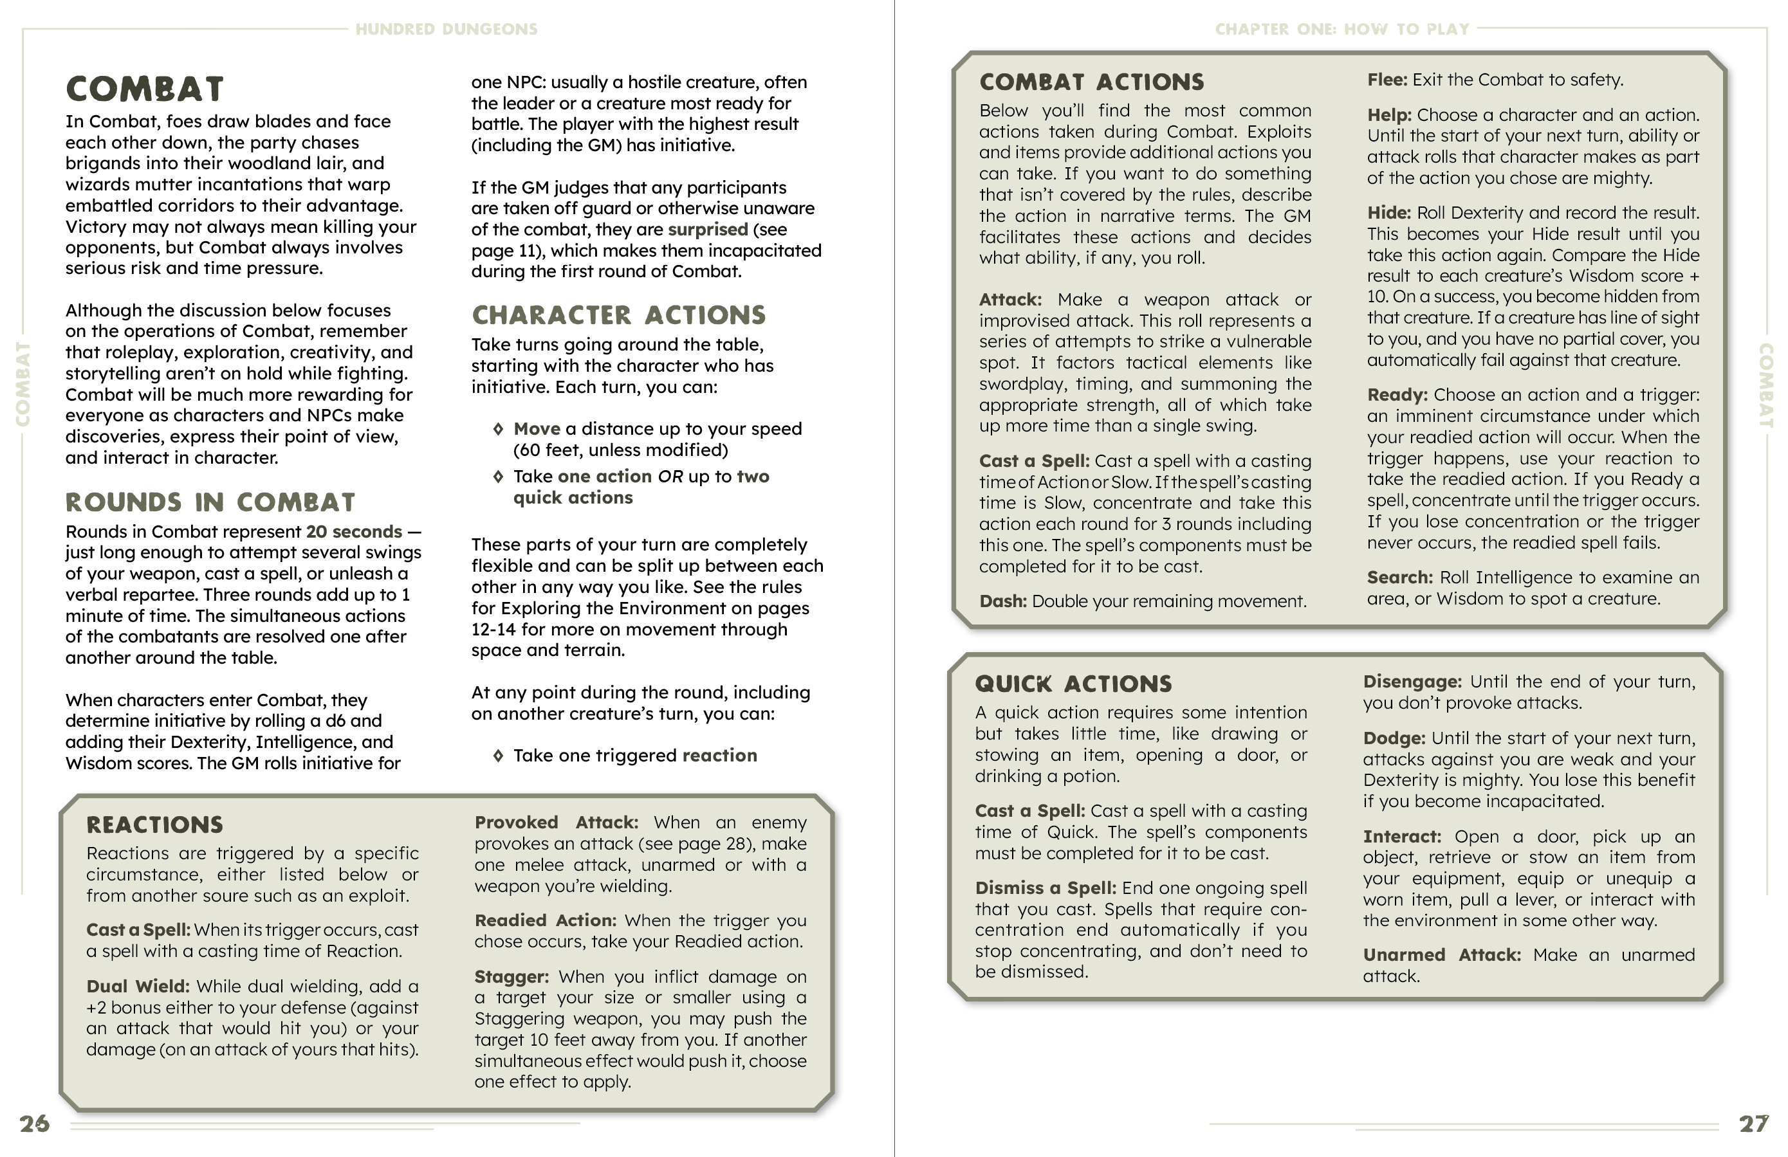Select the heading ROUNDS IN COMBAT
(210, 502)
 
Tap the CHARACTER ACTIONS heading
(618, 315)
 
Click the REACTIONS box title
(155, 825)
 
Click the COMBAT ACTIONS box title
(1092, 82)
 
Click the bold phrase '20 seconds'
(354, 532)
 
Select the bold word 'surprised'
(708, 229)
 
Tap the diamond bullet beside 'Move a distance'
(497, 429)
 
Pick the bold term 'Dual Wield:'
(138, 986)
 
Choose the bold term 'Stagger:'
(511, 976)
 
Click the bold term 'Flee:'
(1386, 80)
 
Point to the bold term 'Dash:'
(1002, 601)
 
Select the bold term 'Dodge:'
(1394, 738)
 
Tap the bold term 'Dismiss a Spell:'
(1045, 888)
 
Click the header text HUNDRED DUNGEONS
(447, 30)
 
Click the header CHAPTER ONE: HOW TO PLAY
(1341, 30)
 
